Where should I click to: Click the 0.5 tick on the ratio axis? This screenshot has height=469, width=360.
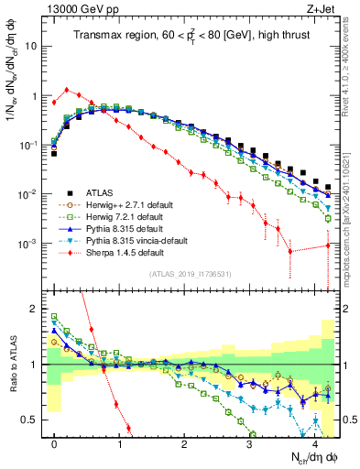click(33, 420)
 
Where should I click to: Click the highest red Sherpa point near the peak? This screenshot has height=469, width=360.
click(67, 90)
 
